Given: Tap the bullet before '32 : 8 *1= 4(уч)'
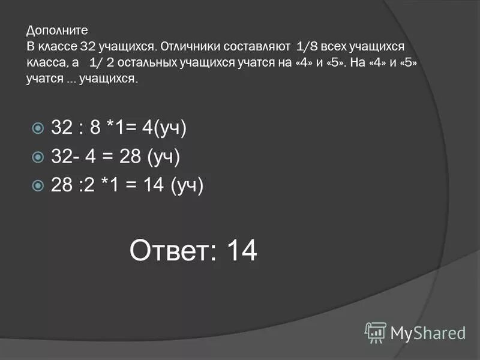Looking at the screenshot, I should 38,128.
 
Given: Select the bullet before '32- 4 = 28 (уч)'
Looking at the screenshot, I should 38,157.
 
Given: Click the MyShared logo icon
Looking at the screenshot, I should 376,332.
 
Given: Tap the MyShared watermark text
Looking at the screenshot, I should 428,332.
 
